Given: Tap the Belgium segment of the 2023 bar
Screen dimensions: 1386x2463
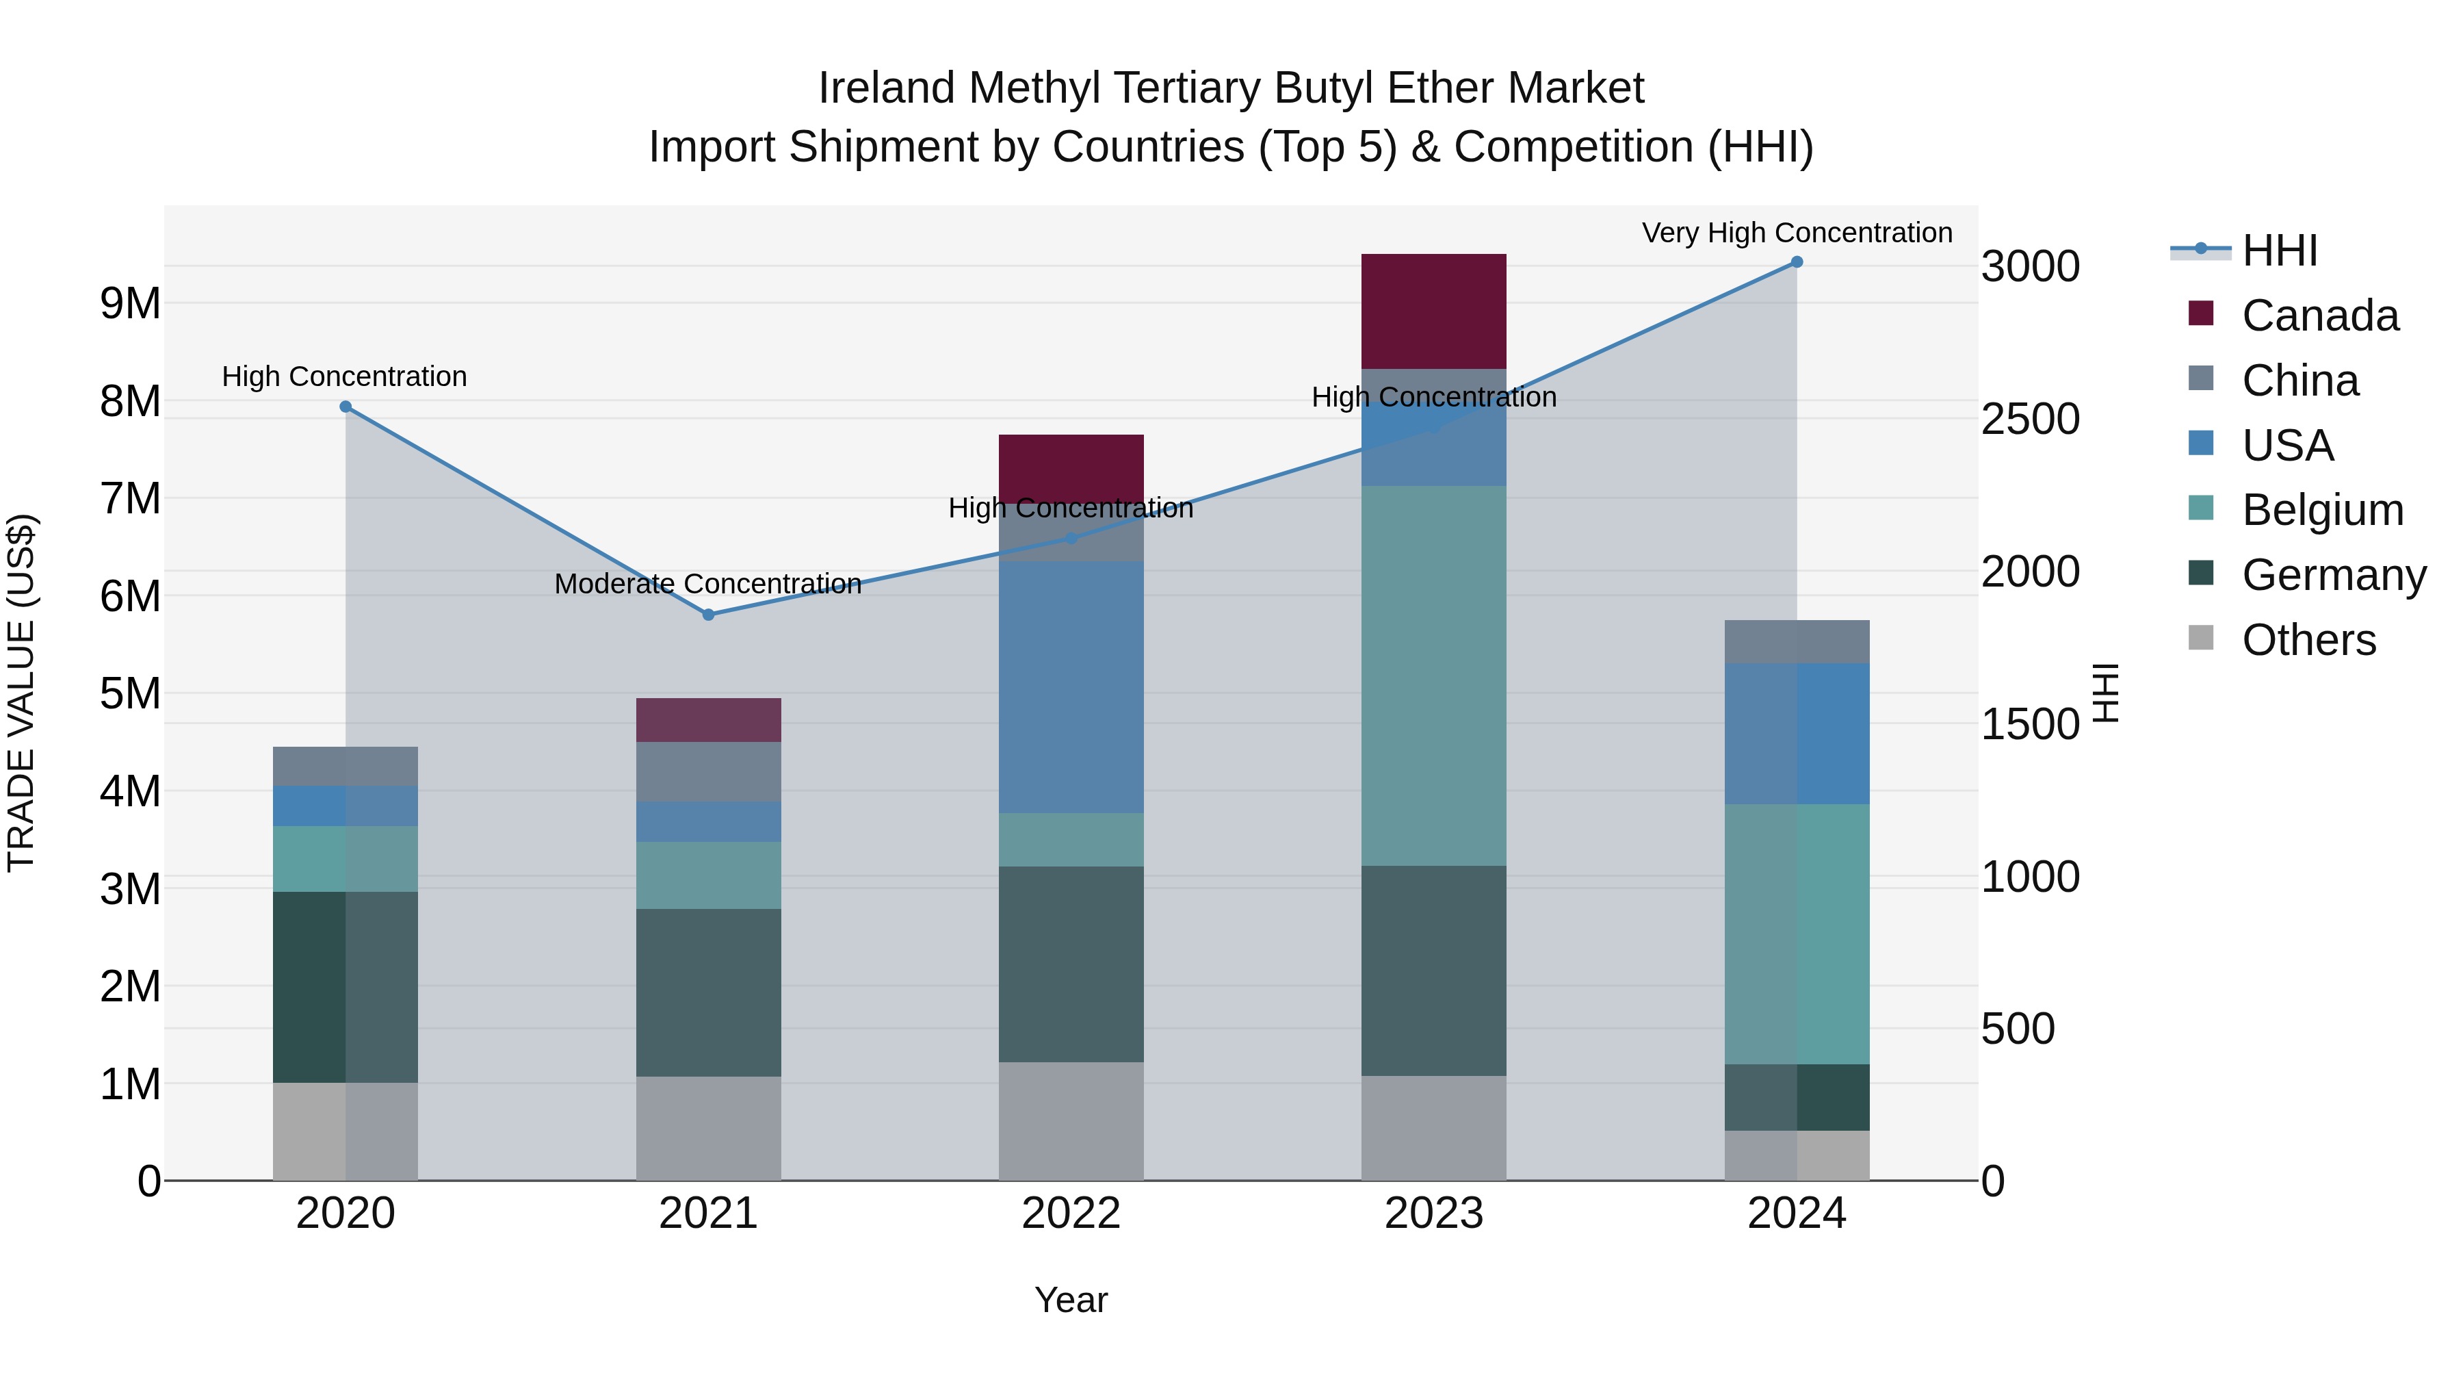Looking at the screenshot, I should point(1433,676).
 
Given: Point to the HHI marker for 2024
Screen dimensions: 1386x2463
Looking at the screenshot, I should point(1797,262).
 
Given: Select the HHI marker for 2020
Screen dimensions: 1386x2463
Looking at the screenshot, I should point(346,407).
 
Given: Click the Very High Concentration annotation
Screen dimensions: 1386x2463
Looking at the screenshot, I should point(1797,233).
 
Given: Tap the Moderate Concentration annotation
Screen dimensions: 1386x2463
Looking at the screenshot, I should point(707,583).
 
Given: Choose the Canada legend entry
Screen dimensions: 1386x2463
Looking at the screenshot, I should point(2319,316).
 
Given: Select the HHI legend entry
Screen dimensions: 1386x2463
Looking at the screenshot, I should point(2280,251).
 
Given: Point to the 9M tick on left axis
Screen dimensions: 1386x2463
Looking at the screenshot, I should point(130,304).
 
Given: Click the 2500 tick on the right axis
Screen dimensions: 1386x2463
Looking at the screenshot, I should point(2030,419).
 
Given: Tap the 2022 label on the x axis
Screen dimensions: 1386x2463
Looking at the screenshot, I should point(1071,1214).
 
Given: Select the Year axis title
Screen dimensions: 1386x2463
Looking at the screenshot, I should point(1071,1300).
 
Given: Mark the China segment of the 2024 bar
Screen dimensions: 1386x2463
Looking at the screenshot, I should point(1797,642).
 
